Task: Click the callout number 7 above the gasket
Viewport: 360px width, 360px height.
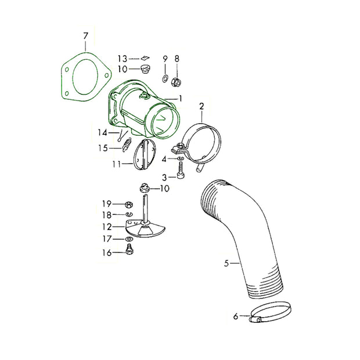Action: [x=85, y=36]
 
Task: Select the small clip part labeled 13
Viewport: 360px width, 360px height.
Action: [x=145, y=58]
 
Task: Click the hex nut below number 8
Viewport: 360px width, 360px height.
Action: [x=177, y=81]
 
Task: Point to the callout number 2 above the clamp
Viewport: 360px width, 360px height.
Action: [x=201, y=106]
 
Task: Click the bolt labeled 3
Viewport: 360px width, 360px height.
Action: [x=181, y=170]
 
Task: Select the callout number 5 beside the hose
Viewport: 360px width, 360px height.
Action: [x=226, y=264]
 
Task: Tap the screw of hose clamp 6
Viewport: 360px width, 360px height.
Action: [x=255, y=319]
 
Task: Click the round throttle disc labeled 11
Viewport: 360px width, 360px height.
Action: [x=145, y=154]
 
